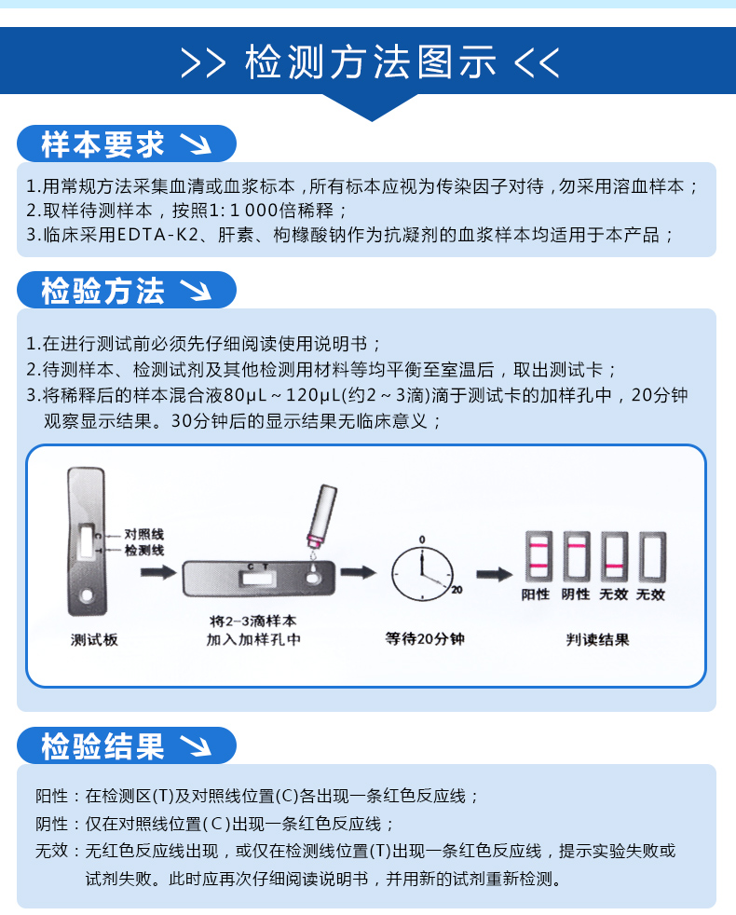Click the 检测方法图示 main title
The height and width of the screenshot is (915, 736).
[370, 61]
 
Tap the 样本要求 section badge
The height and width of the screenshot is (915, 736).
[127, 143]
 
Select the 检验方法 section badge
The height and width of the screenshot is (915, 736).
[127, 290]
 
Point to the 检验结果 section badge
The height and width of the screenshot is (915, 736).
[127, 745]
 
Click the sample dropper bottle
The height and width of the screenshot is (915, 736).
[321, 516]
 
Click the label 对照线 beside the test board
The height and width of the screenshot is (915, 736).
[144, 534]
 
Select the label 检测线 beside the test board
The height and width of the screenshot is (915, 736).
[144, 551]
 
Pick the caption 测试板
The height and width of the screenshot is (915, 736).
[94, 639]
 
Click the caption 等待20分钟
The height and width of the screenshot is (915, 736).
[425, 639]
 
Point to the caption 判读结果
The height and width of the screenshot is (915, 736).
[598, 639]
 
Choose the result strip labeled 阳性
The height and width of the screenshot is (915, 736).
[538, 556]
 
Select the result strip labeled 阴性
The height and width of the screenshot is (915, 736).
[577, 556]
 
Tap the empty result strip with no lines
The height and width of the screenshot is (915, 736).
[652, 556]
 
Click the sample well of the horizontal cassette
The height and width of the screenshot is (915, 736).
[313, 579]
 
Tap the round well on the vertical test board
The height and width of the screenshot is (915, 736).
[87, 595]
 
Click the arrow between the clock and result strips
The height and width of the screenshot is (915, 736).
[495, 575]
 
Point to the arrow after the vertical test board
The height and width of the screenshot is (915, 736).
[158, 572]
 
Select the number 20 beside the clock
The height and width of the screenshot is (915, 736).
[457, 590]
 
